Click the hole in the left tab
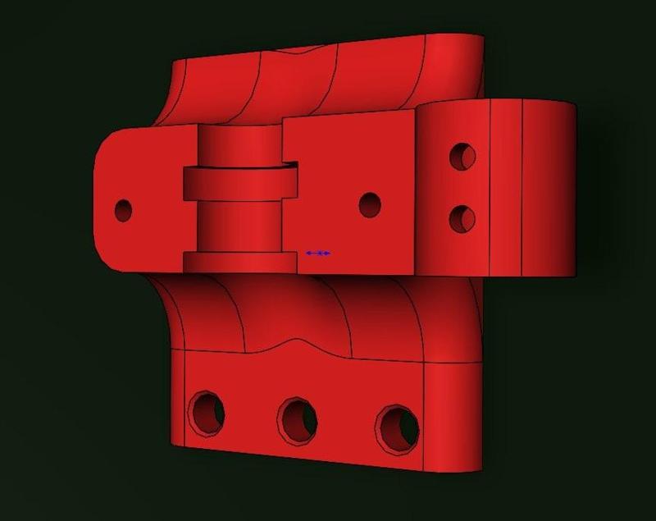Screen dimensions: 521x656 124,210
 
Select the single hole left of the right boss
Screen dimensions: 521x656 370,204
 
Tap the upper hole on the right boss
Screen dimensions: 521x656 463,156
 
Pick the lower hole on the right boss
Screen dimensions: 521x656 463,218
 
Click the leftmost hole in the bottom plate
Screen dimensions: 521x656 206,412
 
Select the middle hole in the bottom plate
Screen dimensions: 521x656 298,419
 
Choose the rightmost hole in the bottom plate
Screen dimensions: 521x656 398,427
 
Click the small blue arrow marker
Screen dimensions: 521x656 318,254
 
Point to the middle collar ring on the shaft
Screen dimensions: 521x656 238,182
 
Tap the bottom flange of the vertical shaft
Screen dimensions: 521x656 238,262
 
